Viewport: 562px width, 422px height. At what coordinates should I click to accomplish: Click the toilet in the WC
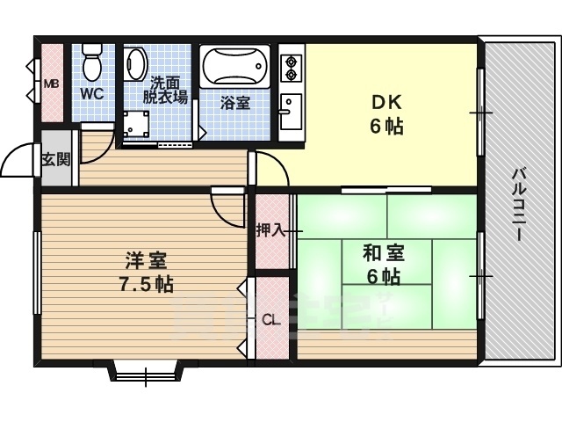pos(91,63)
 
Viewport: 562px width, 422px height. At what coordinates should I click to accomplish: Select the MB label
pos(51,84)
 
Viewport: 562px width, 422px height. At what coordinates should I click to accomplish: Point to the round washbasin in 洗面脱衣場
pos(136,63)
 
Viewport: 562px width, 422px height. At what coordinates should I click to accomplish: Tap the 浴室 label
pos(234,102)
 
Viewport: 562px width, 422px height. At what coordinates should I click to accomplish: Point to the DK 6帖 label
pos(385,114)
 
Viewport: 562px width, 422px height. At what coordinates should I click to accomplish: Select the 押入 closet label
pos(270,231)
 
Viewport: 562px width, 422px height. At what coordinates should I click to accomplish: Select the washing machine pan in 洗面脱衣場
pos(136,123)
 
